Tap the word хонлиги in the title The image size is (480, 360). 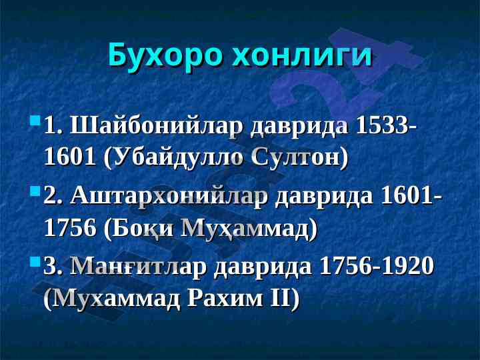click(302, 55)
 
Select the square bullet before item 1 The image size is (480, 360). click(35, 120)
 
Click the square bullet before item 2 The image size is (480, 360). click(35, 191)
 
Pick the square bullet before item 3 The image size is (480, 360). click(35, 261)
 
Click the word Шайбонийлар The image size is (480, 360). click(157, 127)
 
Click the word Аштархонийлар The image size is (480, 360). click(169, 197)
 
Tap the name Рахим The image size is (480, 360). click(225, 298)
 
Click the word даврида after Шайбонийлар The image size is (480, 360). click(300, 127)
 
